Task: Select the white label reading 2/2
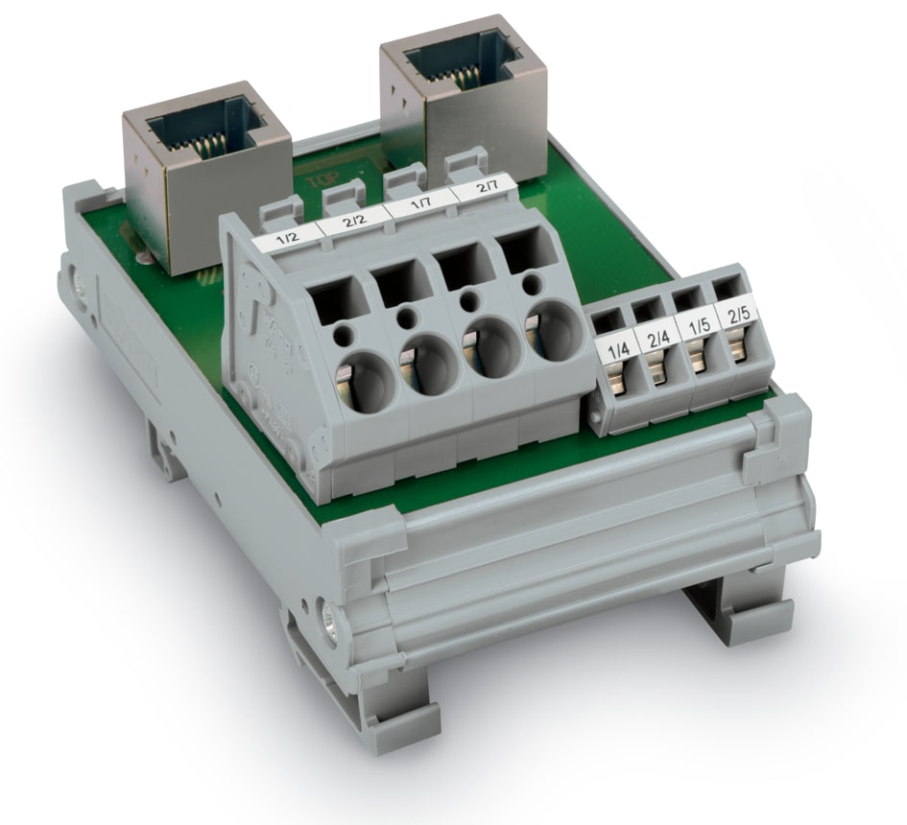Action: coord(352,224)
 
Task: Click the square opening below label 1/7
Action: coord(457,264)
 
